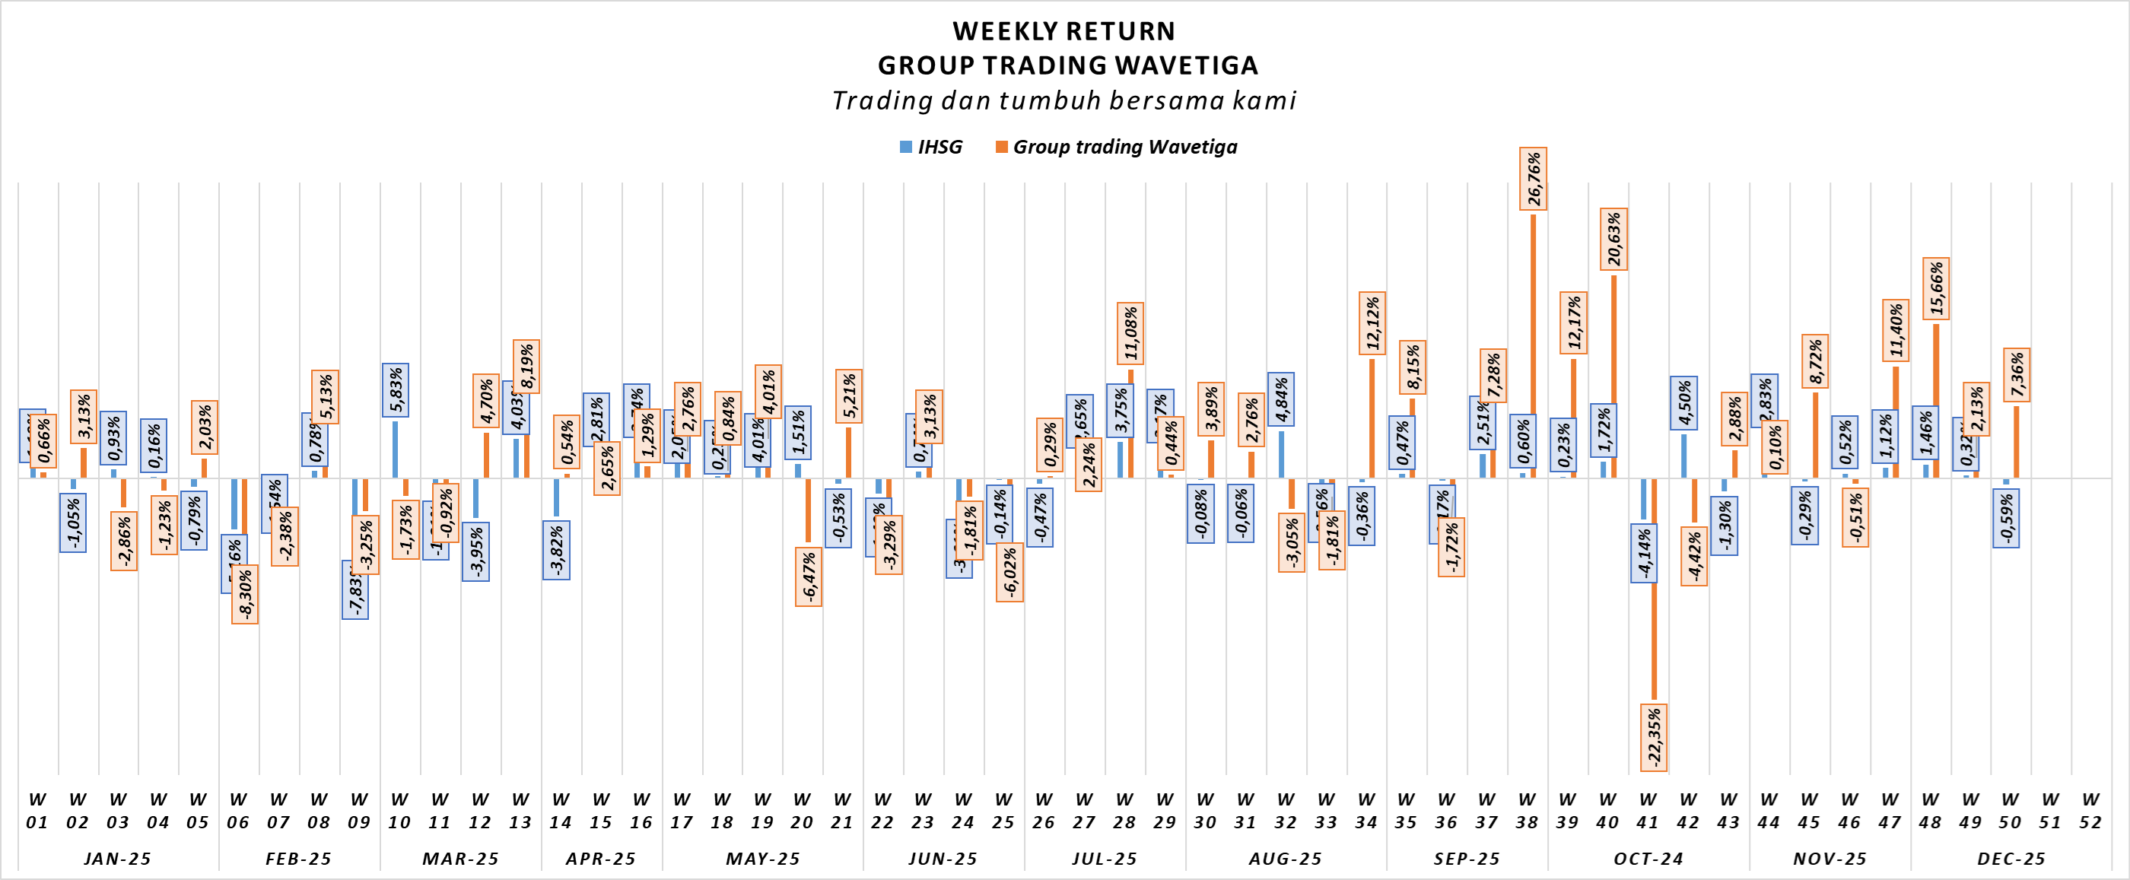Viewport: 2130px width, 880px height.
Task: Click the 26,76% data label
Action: click(x=1533, y=179)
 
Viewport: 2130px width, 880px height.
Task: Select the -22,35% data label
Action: click(x=1654, y=737)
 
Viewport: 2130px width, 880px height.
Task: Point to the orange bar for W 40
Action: click(x=1614, y=376)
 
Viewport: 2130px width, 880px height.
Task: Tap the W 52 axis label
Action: click(x=2090, y=811)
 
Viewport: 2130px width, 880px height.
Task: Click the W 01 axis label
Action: click(x=37, y=811)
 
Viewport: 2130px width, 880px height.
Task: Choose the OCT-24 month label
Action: click(x=1648, y=859)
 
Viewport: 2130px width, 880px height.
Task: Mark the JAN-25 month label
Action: click(x=117, y=859)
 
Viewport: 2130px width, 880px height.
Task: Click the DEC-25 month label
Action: click(x=2011, y=859)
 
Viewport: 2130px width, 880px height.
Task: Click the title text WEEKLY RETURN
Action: click(x=1064, y=31)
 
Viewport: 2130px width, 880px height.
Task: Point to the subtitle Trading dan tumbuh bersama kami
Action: click(x=1064, y=100)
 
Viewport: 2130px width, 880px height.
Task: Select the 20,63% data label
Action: click(x=1614, y=239)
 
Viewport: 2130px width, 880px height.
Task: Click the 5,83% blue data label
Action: click(x=396, y=390)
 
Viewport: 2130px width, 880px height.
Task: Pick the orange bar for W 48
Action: click(x=1937, y=401)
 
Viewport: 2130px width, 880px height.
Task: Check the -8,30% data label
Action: click(x=245, y=595)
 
